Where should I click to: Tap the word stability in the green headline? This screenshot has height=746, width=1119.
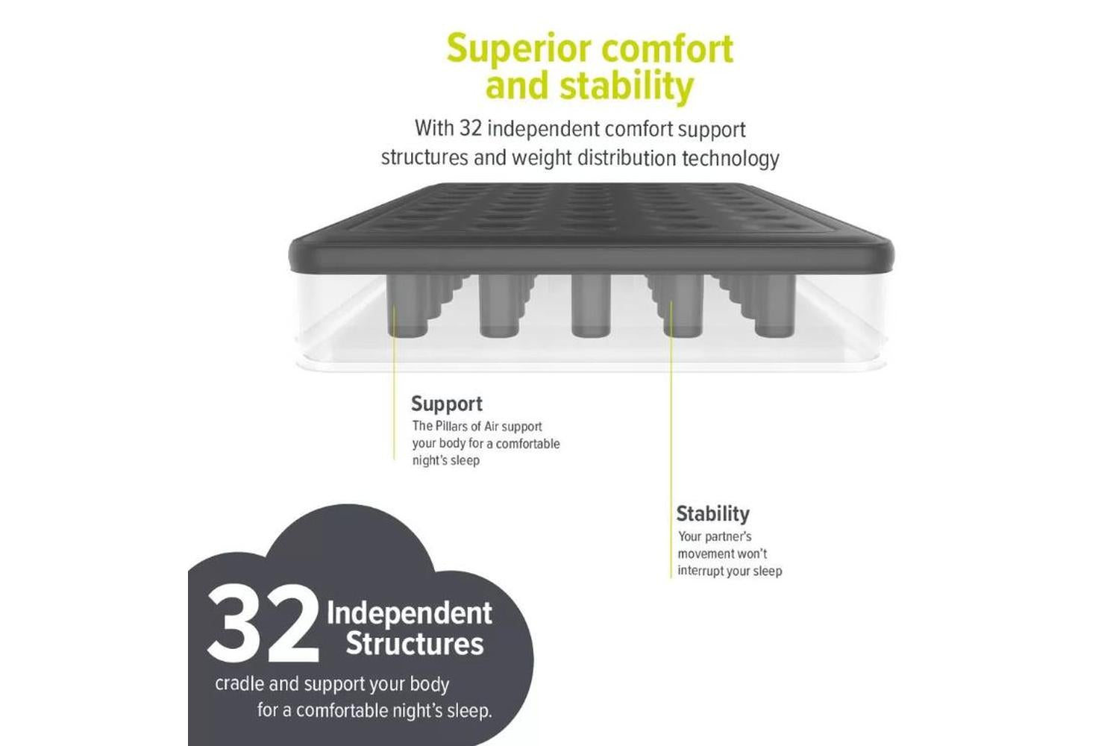pos(627,87)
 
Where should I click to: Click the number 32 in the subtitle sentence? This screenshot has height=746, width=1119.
pos(471,128)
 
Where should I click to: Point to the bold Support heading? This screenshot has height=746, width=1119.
pos(447,404)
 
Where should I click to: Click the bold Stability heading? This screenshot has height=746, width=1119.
pos(713,514)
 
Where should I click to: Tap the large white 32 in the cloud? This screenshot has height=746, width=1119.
pos(263,624)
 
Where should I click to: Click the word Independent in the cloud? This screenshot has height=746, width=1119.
pos(409,614)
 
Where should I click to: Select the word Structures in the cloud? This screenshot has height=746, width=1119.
pos(415,644)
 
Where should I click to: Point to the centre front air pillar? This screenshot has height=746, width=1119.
pos(591,305)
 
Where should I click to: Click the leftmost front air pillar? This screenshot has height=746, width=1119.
pos(407,305)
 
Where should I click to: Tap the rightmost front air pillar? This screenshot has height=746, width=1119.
pos(775,305)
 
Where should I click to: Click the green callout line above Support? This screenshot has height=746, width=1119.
pos(394,382)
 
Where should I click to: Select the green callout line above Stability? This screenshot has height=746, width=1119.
pos(671,439)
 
